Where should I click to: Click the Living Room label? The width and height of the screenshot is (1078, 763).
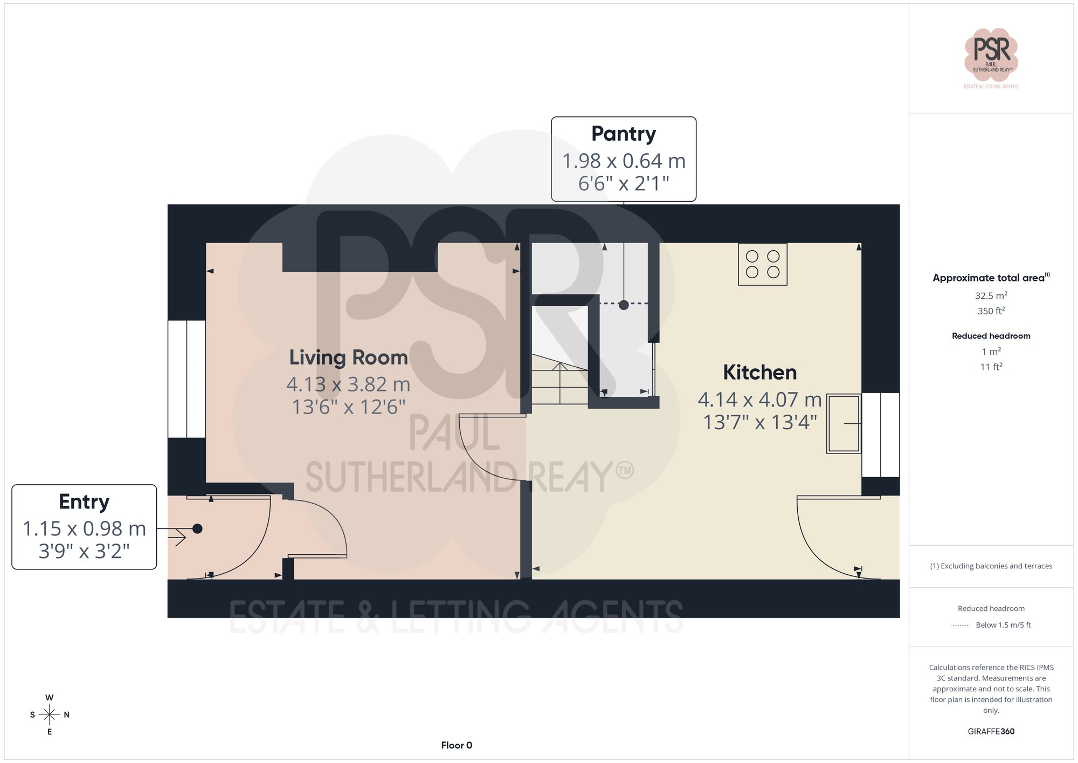pyautogui.click(x=348, y=358)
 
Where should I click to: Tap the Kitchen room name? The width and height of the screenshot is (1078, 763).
pyautogui.click(x=759, y=372)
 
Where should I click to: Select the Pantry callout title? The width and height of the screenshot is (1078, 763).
pyautogui.click(x=623, y=134)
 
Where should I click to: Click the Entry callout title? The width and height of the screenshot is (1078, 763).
pyautogui.click(x=84, y=501)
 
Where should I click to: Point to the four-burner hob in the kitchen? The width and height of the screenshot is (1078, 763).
pyautogui.click(x=762, y=264)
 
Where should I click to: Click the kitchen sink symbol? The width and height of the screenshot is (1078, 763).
pyautogui.click(x=844, y=424)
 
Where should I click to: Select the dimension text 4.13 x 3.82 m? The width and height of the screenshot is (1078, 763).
pyautogui.click(x=348, y=384)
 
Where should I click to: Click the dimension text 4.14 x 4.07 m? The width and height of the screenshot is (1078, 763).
pyautogui.click(x=759, y=400)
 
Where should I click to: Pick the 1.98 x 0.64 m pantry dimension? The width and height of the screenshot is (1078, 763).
pyautogui.click(x=623, y=161)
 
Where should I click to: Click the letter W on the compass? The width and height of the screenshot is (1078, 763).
pyautogui.click(x=50, y=698)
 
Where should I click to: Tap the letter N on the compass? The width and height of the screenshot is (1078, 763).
pyautogui.click(x=67, y=715)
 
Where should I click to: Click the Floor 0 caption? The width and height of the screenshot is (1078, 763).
pyautogui.click(x=457, y=745)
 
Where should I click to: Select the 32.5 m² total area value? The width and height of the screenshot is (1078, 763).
pyautogui.click(x=991, y=295)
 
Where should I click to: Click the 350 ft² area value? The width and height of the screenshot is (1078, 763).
pyautogui.click(x=991, y=311)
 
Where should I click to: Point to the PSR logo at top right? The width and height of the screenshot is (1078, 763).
pyautogui.click(x=991, y=54)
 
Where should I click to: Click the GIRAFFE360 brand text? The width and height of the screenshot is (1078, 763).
pyautogui.click(x=991, y=732)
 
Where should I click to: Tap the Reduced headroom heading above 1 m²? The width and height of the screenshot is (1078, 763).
pyautogui.click(x=991, y=336)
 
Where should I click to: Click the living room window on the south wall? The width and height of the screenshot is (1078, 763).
pyautogui.click(x=186, y=379)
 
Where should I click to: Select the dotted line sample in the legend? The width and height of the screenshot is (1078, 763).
pyautogui.click(x=960, y=625)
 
